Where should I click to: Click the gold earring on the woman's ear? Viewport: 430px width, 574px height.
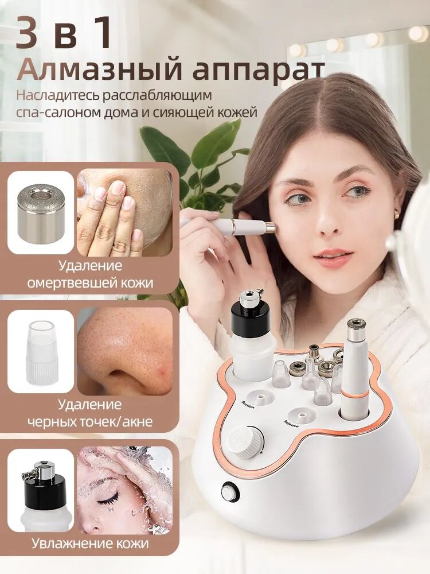pyautogui.click(x=397, y=214)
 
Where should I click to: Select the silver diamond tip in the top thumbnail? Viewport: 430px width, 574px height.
pyautogui.click(x=41, y=213)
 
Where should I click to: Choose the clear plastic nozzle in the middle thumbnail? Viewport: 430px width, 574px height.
pyautogui.click(x=41, y=351)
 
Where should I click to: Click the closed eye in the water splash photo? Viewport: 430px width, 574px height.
pyautogui.click(x=108, y=499)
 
